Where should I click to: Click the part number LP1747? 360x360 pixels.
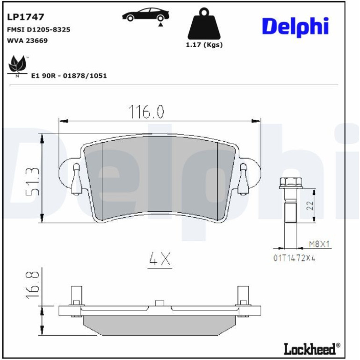tap(26, 17)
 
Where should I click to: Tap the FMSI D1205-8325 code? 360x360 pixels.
tap(38, 29)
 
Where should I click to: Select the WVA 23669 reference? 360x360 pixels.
tap(27, 41)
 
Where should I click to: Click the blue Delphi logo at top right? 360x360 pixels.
tap(295, 27)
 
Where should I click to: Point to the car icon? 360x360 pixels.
tap(146, 15)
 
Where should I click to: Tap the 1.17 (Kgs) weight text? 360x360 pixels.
tap(204, 44)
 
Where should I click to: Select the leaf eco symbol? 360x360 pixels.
tap(17, 66)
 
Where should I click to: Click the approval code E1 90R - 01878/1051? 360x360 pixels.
tap(69, 76)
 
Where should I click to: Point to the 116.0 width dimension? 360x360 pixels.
tap(146, 112)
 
